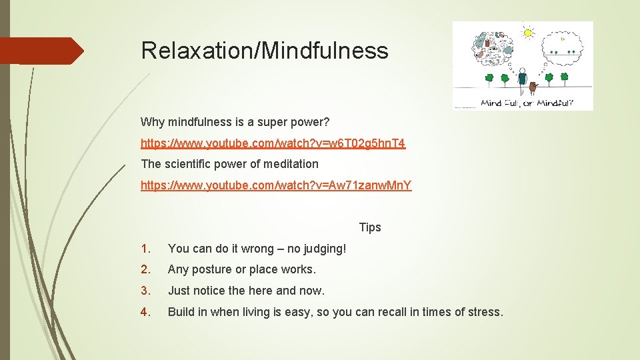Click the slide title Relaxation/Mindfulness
264,51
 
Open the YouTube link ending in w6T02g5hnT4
273,143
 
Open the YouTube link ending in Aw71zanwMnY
276,185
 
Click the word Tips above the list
370,227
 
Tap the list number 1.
145,249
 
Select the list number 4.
146,312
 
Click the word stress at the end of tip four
485,312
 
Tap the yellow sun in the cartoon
528,31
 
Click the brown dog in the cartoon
533,87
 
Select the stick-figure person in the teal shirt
522,79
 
